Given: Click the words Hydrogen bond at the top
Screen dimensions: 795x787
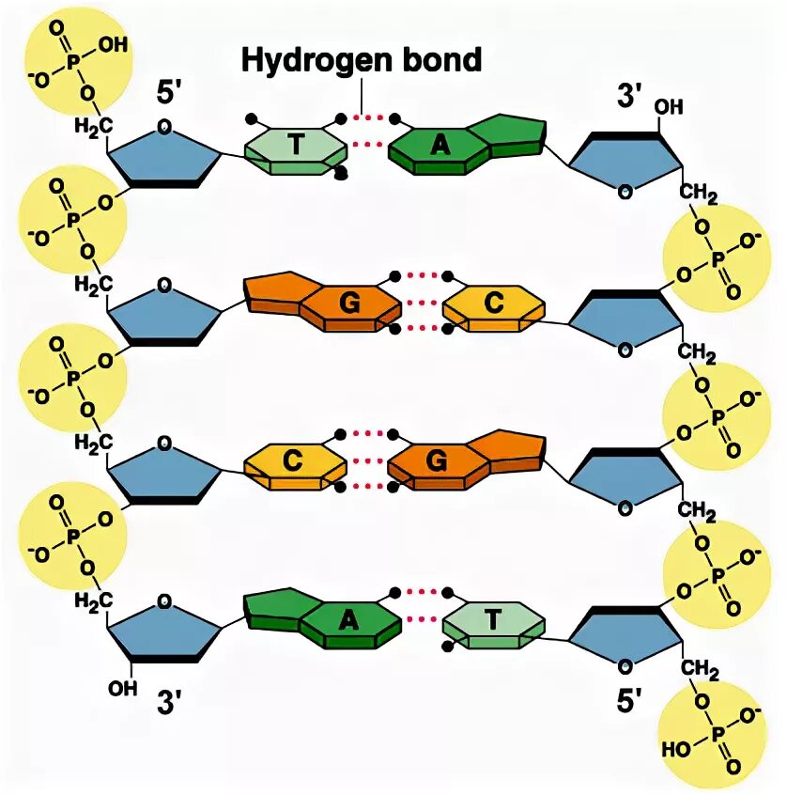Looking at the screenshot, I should pyautogui.click(x=362, y=60).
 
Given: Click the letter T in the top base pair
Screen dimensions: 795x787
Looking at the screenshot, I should pyautogui.click(x=295, y=144).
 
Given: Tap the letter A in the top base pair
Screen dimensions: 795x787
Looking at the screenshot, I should pyautogui.click(x=438, y=144).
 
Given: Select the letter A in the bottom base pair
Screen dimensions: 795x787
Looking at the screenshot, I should pyautogui.click(x=348, y=618).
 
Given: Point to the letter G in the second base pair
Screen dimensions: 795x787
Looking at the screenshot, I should pyautogui.click(x=349, y=303).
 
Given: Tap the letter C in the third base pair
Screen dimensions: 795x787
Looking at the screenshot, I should pyautogui.click(x=294, y=460).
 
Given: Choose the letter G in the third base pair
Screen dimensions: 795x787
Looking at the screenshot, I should pyautogui.click(x=438, y=460).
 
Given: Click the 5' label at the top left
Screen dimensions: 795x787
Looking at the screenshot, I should pyautogui.click(x=174, y=94).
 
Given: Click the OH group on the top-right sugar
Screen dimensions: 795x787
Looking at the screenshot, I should pyautogui.click(x=669, y=108).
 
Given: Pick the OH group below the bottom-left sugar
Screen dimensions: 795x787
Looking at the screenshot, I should pyautogui.click(x=122, y=688).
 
